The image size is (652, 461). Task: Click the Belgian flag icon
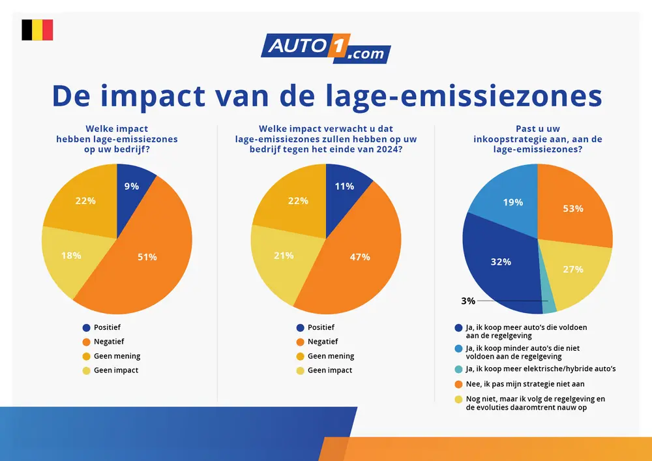point(37,30)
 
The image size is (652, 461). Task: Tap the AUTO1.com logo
point(325,48)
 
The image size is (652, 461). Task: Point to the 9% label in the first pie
point(132,186)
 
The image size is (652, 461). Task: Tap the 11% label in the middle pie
point(344,186)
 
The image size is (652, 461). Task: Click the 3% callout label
point(467,301)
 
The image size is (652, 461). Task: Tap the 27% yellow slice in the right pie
point(572,269)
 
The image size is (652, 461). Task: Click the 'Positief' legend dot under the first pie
point(86,327)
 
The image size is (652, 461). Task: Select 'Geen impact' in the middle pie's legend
point(330,370)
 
